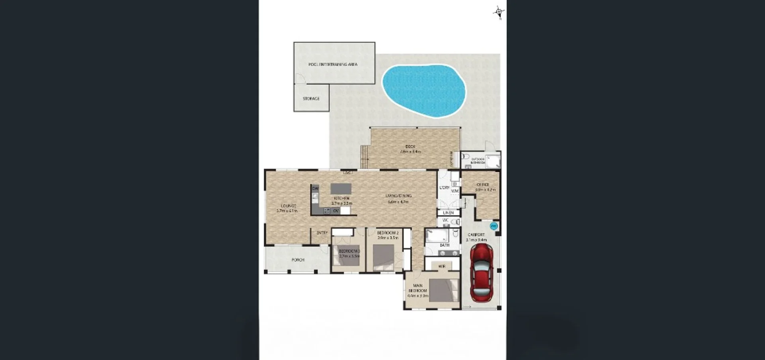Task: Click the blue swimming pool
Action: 424,91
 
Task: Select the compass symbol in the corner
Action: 498,12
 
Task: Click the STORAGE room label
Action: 311,98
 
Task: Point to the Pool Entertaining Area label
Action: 333,64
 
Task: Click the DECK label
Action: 410,147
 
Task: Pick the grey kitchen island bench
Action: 341,188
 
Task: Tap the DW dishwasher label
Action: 315,188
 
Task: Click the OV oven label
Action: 336,211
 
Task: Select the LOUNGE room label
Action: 288,206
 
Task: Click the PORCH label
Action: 298,260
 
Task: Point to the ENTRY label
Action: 322,233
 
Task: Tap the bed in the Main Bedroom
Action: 443,290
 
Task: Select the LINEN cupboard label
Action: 448,213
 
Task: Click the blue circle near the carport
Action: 493,226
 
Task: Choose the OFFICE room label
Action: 483,185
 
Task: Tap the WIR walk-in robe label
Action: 441,266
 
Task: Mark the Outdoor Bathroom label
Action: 477,161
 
